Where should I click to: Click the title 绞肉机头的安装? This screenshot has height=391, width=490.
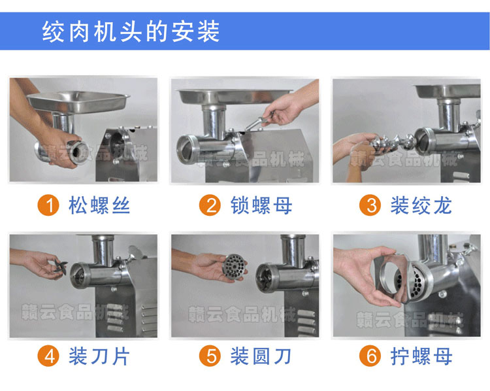click(131, 31)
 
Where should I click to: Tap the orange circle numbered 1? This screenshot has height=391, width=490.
click(48, 205)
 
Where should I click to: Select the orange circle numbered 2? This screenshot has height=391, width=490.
click(210, 205)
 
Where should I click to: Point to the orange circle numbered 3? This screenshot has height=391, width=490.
click(370, 205)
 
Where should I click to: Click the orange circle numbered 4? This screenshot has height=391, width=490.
click(48, 356)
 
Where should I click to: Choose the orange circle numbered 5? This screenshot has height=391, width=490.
click(210, 356)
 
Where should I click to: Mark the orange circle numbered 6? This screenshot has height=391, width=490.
click(370, 356)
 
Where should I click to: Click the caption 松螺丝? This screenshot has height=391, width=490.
click(99, 205)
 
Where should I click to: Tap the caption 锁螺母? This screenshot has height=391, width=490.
click(261, 205)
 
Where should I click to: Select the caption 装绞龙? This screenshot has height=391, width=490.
click(421, 205)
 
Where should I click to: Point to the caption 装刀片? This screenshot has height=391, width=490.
click(99, 356)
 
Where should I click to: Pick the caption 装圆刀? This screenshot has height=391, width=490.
click(261, 356)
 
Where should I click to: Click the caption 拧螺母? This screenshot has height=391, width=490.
click(421, 356)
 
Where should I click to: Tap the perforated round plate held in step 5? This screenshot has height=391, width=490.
click(235, 267)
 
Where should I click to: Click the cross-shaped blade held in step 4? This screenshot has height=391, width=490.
click(61, 267)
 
